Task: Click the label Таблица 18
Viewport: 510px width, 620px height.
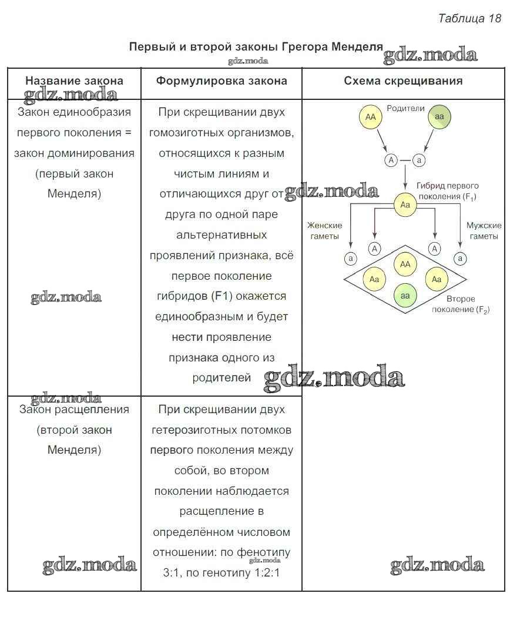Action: pyautogui.click(x=469, y=18)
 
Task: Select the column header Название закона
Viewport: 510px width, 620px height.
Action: pyautogui.click(x=74, y=81)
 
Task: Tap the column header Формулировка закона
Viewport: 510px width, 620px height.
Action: pyautogui.click(x=222, y=81)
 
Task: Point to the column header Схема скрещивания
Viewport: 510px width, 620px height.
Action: pyautogui.click(x=403, y=81)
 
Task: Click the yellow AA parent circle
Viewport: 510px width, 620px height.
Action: pyautogui.click(x=370, y=118)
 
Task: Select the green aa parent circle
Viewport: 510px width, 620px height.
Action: pyautogui.click(x=439, y=118)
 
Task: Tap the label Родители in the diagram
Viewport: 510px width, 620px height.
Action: pyautogui.click(x=405, y=109)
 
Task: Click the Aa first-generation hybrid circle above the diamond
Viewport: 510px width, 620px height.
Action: pyautogui.click(x=405, y=205)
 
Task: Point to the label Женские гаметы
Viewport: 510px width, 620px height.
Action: pyautogui.click(x=324, y=231)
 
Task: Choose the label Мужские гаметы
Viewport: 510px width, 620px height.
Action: pyautogui.click(x=484, y=231)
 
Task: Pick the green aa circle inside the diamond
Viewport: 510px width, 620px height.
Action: pyautogui.click(x=405, y=296)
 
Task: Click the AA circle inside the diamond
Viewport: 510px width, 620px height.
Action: pyautogui.click(x=405, y=264)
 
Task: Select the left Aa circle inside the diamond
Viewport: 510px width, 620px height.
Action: pyautogui.click(x=374, y=280)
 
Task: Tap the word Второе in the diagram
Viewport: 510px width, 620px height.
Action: pyautogui.click(x=461, y=299)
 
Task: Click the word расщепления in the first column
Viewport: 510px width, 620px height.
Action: pyautogui.click(x=90, y=410)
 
